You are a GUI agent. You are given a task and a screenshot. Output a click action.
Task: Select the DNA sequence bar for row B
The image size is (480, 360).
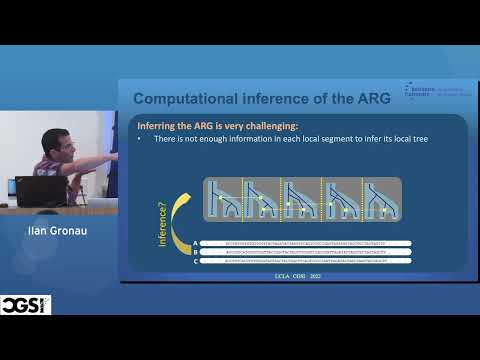click(304, 252)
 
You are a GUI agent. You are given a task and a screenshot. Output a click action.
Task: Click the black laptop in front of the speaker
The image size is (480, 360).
click(40, 190)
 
